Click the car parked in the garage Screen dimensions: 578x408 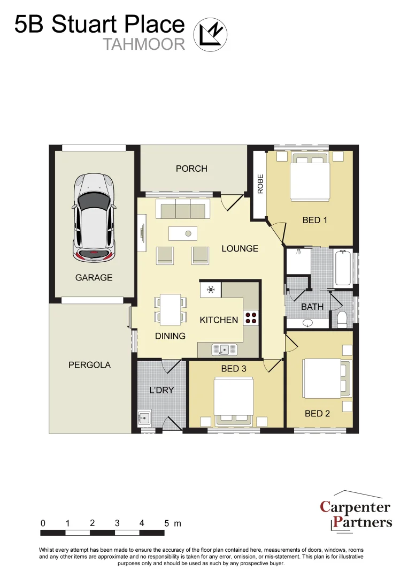pyautogui.click(x=94, y=217)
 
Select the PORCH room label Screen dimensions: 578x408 pyautogui.click(x=191, y=169)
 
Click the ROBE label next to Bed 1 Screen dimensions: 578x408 pyautogui.click(x=260, y=184)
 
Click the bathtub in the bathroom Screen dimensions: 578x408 pyautogui.click(x=342, y=269)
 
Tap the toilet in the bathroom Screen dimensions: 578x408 pyautogui.click(x=343, y=319)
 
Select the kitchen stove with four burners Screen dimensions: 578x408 pyautogui.click(x=251, y=318)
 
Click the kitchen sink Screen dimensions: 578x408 pyautogui.click(x=225, y=350)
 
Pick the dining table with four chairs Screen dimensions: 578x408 pyautogui.click(x=171, y=309)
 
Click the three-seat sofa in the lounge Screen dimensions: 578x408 pyautogui.click(x=181, y=210)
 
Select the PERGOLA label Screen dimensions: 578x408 pyautogui.click(x=90, y=365)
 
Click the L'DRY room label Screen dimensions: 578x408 pyautogui.click(x=161, y=390)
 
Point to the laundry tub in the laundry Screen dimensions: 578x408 pyautogui.click(x=145, y=416)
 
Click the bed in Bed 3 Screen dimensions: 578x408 pyautogui.click(x=234, y=401)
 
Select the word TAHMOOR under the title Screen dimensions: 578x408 pyautogui.click(x=144, y=44)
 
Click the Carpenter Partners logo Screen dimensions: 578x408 pyautogui.click(x=356, y=513)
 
